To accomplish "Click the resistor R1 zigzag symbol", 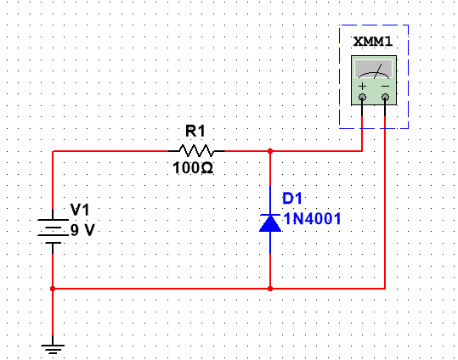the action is point(196,150).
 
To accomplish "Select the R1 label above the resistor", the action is point(195,131).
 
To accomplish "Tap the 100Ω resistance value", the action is point(193,168).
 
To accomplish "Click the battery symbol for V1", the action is point(53,231).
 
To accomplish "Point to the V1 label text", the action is point(80,210).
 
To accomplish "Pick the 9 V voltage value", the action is point(82,230).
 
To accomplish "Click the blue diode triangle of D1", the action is point(270,223).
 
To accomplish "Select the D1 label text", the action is point(292,198).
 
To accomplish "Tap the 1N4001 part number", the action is point(312,219).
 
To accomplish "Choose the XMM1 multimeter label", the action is point(373,42).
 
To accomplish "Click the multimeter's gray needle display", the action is point(374,69).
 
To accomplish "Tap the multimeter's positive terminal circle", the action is point(362,98).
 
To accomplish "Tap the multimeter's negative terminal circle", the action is point(385,98).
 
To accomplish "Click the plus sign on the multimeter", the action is point(362,87).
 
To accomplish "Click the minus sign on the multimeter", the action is point(385,86).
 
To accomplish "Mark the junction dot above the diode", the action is point(270,151).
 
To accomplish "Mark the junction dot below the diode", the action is point(270,289).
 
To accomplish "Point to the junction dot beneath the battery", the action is point(53,289).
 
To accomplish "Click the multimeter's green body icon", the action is point(374,81).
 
